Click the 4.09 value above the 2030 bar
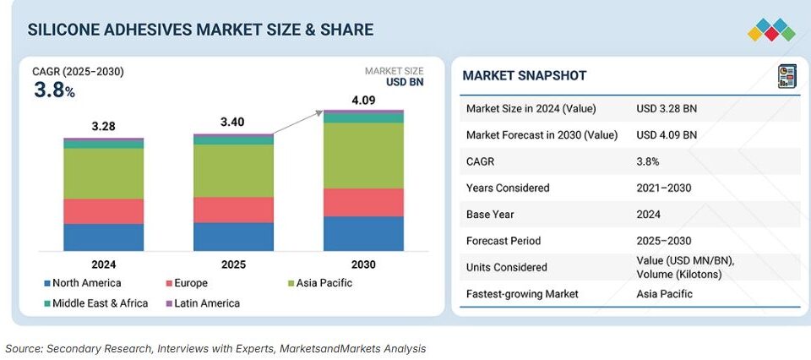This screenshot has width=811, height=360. point(363,101)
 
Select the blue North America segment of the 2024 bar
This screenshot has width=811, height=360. point(104,237)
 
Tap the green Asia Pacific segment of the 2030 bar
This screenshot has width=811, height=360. point(363,155)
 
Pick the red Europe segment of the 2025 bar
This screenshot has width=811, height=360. point(233,210)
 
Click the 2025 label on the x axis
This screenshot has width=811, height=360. point(233,265)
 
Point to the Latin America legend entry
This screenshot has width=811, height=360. point(207,303)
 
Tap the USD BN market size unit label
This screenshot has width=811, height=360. point(405,82)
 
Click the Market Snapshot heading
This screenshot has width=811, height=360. point(524,76)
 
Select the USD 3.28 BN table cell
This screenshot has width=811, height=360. point(667,108)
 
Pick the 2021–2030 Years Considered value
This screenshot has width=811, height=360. point(663,188)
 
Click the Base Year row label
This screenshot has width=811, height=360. point(491,214)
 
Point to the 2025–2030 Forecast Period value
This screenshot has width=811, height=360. point(663,241)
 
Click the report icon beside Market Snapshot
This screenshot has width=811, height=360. point(787,76)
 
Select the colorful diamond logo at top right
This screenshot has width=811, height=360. point(771,30)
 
